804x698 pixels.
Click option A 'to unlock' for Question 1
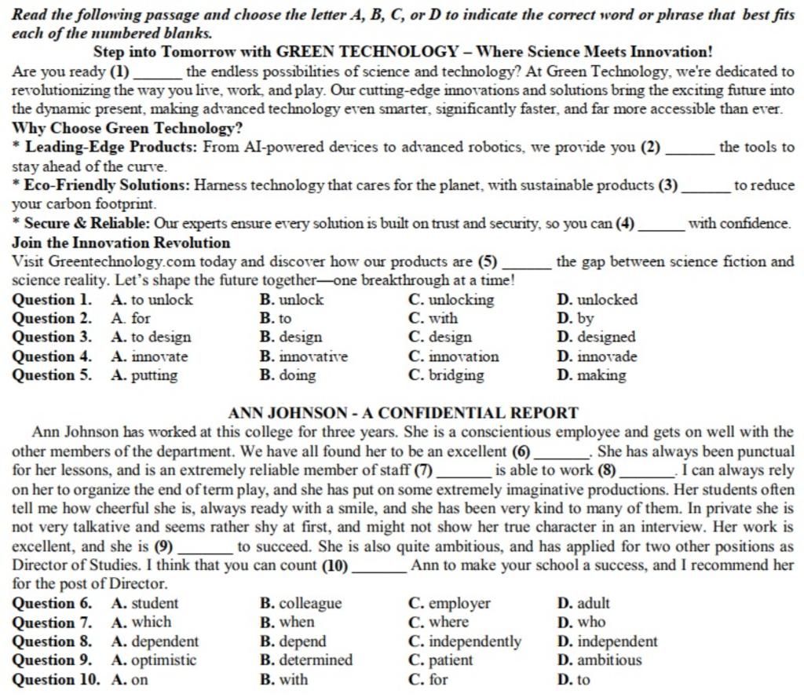pos(152,299)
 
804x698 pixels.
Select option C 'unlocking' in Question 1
pos(451,299)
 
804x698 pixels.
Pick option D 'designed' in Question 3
pos(596,337)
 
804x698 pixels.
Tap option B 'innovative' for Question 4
pos(303,356)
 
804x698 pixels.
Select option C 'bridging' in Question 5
pos(447,375)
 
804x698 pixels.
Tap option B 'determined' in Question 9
pos(306,660)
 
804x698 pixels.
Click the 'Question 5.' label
pos(53,375)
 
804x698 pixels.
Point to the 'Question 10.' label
pos(57,679)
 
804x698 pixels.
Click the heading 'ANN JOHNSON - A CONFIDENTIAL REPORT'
pos(404,413)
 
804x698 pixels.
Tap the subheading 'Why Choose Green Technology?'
pos(128,128)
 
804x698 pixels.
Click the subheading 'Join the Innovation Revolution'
pos(122,243)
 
